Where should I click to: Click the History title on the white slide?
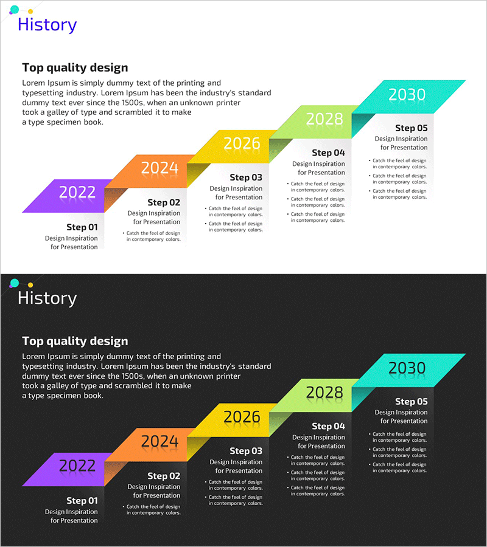click(x=47, y=25)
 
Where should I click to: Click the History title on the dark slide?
click(x=47, y=298)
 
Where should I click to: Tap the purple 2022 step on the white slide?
click(x=76, y=193)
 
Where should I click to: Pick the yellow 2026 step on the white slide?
click(x=241, y=144)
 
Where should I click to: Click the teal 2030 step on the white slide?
click(x=407, y=95)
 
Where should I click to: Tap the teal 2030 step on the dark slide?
click(x=407, y=368)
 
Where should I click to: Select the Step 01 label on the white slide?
click(x=82, y=227)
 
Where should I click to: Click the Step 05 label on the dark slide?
click(x=412, y=402)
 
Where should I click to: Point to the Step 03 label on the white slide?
click(x=246, y=177)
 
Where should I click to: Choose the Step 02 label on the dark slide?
click(x=164, y=476)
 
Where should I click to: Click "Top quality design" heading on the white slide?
click(x=75, y=67)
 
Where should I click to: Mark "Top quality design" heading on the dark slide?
click(x=75, y=341)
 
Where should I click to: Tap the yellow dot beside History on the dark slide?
click(x=30, y=284)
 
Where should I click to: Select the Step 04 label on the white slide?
click(x=329, y=153)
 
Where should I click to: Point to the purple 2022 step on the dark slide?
click(x=76, y=467)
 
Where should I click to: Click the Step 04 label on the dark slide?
click(x=329, y=426)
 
